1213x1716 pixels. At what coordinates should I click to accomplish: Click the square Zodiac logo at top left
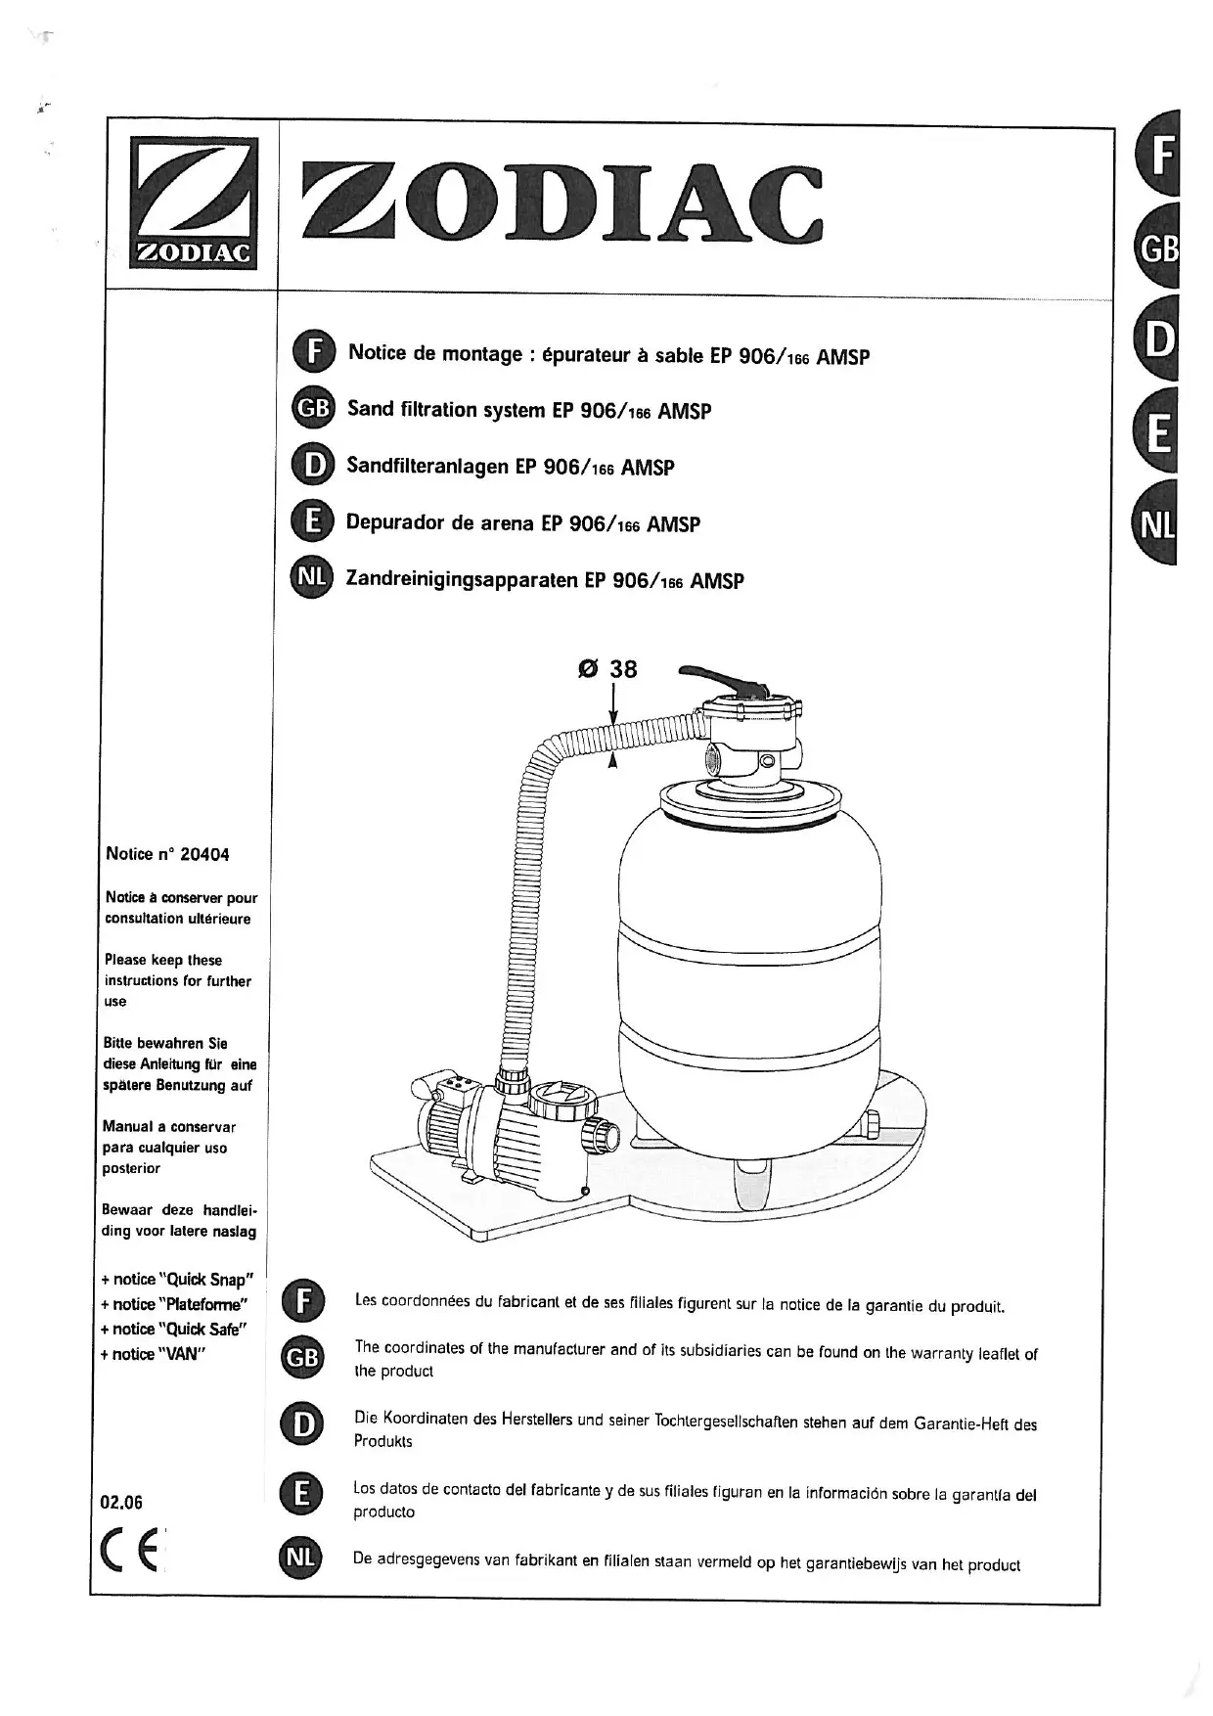point(194,203)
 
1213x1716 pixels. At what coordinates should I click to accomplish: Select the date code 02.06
point(122,1502)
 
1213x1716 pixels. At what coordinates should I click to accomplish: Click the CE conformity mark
point(131,1551)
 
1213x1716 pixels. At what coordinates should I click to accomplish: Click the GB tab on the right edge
point(1159,248)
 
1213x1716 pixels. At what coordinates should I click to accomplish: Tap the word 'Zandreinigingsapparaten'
point(462,579)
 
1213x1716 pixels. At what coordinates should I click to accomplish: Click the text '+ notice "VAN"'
point(152,1354)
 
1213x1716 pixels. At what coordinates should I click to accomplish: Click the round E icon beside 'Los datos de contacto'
point(301,1493)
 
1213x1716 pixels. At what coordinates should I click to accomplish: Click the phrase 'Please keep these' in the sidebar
point(163,960)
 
